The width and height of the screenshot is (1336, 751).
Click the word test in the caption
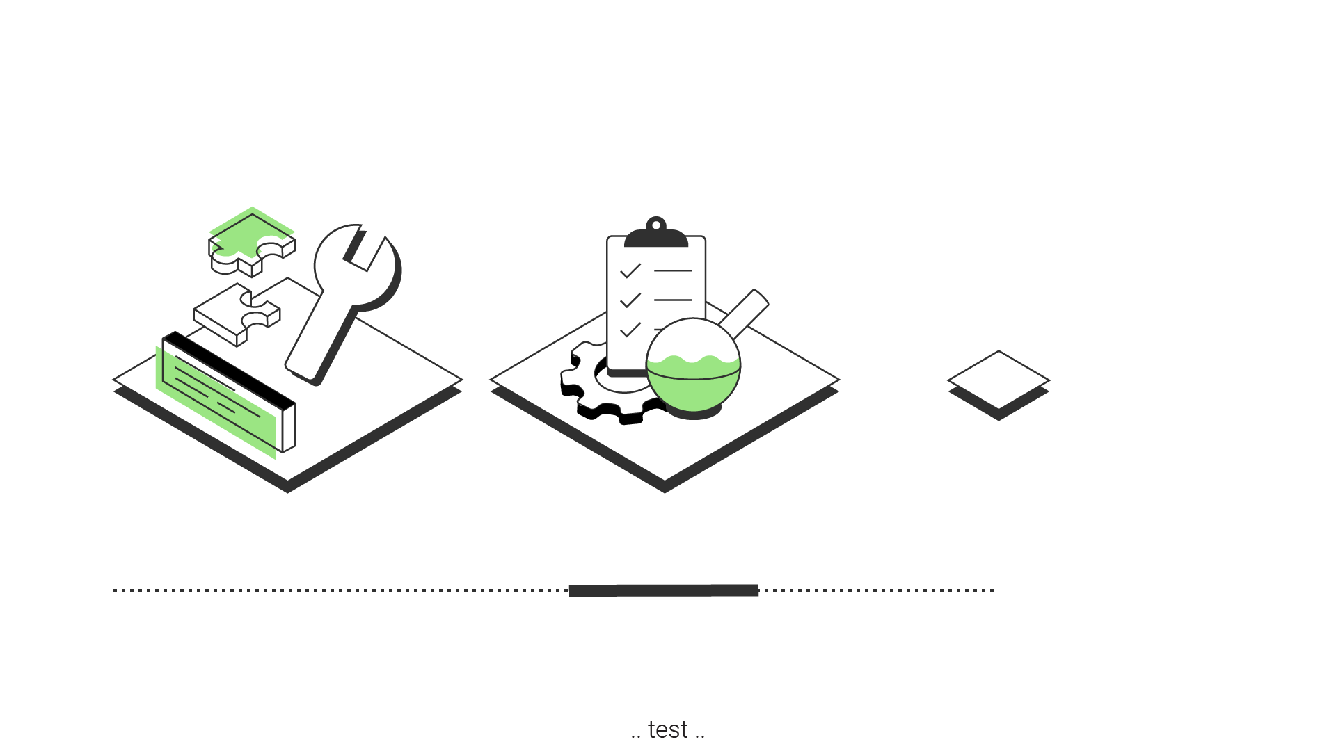667,730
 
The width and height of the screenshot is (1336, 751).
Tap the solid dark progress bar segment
664,590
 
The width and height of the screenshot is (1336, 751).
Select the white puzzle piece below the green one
237,314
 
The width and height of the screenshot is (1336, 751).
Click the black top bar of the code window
229,369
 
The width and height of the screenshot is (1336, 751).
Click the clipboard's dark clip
656,234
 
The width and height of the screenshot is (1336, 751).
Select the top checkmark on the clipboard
630,270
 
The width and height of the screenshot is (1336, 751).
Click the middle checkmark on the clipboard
630,300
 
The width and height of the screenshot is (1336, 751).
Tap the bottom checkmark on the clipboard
630,329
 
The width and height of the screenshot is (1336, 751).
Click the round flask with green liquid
693,365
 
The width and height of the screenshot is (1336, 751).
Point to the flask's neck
743,314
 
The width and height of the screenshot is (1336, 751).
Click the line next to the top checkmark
673,270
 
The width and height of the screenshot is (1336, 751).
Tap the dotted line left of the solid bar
341,590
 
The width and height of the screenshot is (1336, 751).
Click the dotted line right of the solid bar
879,590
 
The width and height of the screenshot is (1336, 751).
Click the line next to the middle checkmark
673,300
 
